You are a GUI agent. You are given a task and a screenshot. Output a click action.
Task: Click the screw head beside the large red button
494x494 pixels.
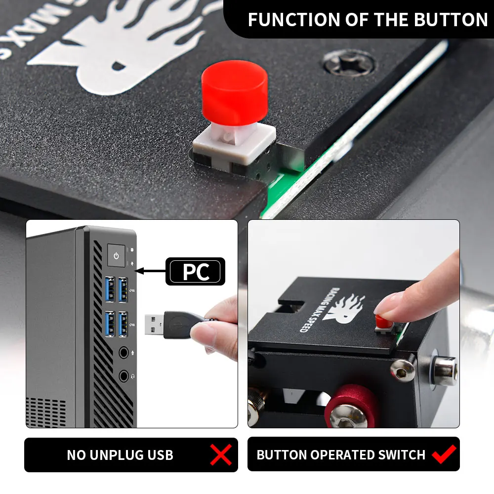pyautogui.click(x=349, y=63)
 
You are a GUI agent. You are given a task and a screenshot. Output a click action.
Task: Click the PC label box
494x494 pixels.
pyautogui.click(x=195, y=272)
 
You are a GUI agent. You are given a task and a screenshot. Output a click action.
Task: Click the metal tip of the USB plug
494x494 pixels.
pyautogui.click(x=154, y=325)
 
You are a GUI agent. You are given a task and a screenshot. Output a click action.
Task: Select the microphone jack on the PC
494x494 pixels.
pyautogui.click(x=123, y=353)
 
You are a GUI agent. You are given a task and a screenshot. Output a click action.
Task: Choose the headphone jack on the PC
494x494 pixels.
pyautogui.click(x=123, y=375)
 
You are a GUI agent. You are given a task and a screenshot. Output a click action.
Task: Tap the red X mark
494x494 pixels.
pyautogui.click(x=220, y=454)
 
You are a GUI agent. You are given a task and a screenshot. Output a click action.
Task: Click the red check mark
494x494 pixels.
pyautogui.click(x=444, y=454)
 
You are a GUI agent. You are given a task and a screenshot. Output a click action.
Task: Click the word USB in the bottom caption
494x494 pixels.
pyautogui.click(x=160, y=455)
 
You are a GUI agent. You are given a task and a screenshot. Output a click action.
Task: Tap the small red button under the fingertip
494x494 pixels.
pyautogui.click(x=382, y=322)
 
